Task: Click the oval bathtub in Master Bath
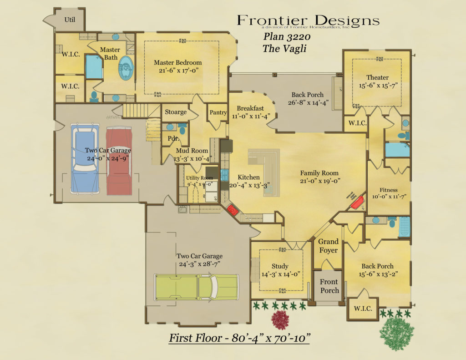126,69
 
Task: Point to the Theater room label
377,77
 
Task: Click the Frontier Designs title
308,20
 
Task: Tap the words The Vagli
284,48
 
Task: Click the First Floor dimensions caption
240,338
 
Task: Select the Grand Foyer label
328,246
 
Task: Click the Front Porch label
329,286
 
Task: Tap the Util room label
69,20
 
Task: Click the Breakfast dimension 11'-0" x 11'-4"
250,116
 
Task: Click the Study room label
280,266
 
